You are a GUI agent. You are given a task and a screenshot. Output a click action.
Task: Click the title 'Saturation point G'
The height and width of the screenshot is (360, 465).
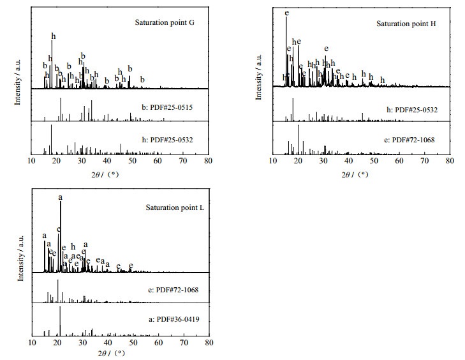[x=164, y=22]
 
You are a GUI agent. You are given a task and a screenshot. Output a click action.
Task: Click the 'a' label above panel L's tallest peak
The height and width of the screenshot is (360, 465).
[x=61, y=198]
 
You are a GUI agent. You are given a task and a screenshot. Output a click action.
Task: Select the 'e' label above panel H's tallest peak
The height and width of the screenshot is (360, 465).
[x=286, y=12]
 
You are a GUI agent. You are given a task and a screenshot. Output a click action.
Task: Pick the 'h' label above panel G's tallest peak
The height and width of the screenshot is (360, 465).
[x=53, y=36]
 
